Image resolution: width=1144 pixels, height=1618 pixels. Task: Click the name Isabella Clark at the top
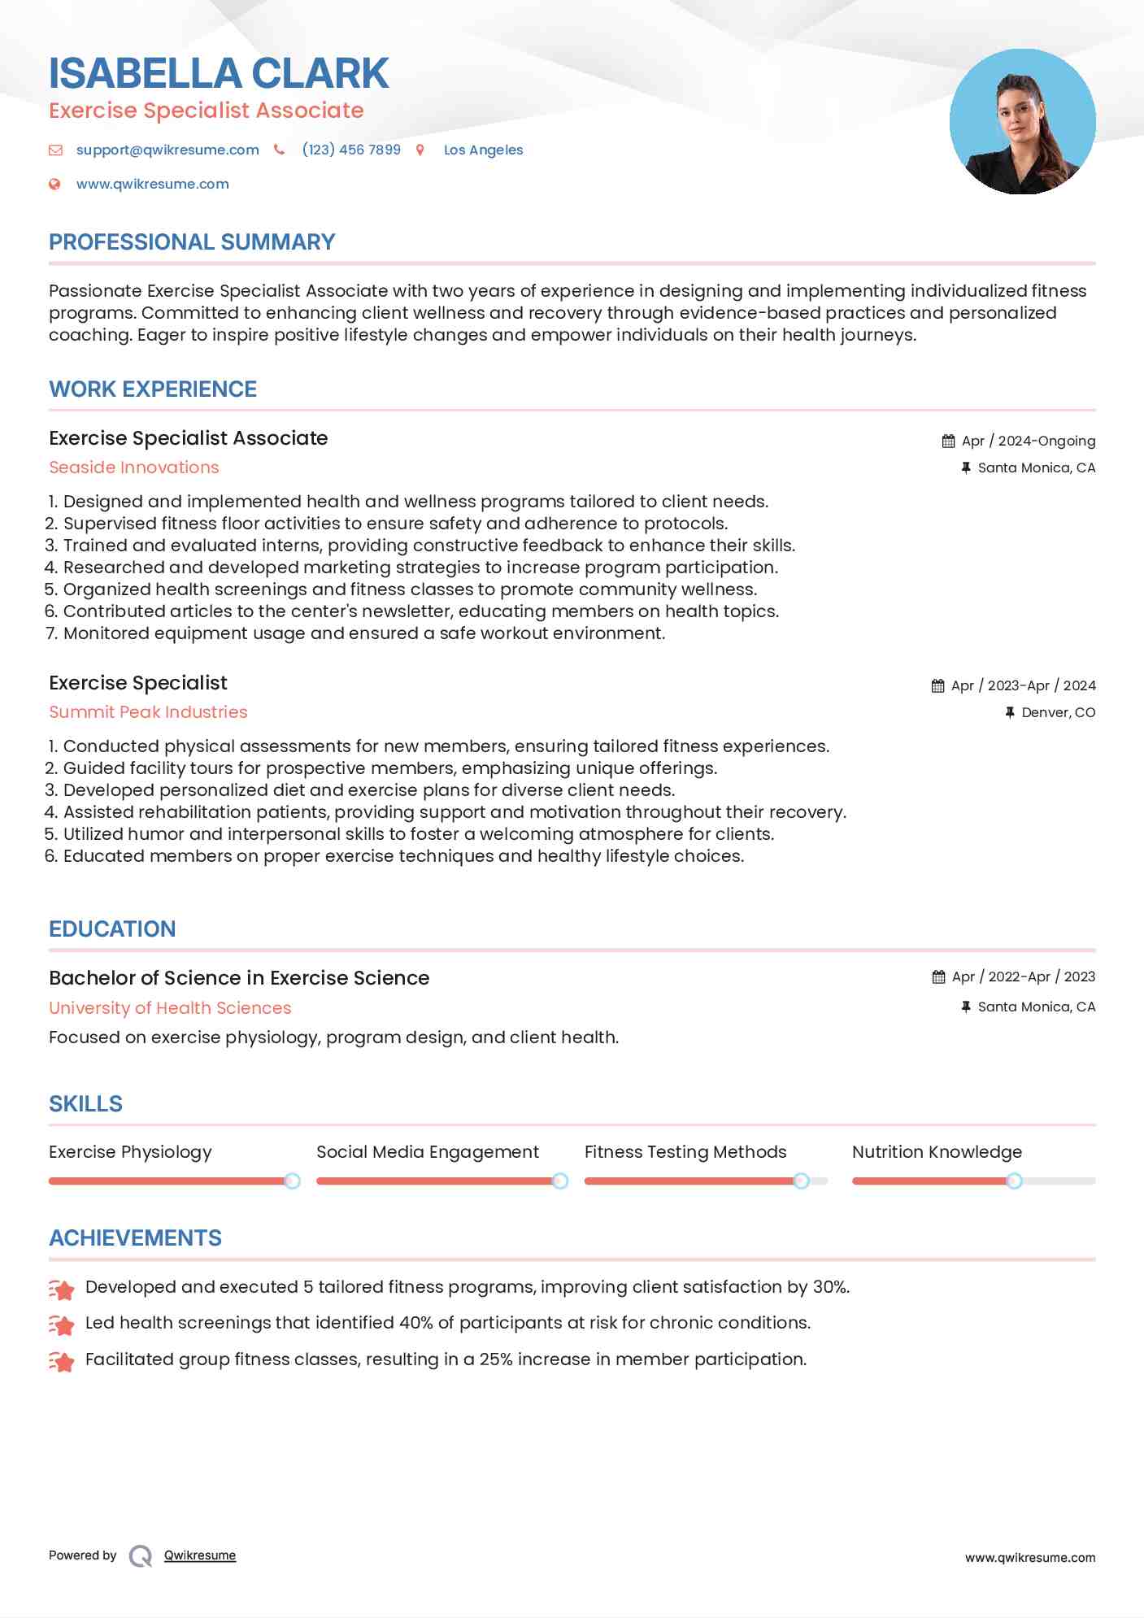point(219,73)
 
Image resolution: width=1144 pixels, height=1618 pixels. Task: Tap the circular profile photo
point(1022,122)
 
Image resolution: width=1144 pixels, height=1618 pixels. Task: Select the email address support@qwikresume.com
point(167,150)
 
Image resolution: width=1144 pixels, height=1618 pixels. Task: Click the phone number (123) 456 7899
point(351,150)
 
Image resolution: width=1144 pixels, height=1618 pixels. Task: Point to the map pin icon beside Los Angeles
point(420,150)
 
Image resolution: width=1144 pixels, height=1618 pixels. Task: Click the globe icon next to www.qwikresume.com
point(54,184)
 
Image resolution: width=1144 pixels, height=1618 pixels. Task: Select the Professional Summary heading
point(192,242)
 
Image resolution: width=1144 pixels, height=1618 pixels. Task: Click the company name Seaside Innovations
point(134,468)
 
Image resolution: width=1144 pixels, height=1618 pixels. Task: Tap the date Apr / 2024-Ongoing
point(1028,441)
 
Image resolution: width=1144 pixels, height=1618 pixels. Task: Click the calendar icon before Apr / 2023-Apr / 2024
point(938,685)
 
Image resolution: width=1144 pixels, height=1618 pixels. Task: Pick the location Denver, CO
point(1058,712)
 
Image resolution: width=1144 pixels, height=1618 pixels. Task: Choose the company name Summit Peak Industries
point(148,712)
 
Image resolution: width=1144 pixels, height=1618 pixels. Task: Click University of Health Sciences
point(170,1008)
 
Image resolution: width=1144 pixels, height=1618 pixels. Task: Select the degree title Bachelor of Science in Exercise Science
point(239,978)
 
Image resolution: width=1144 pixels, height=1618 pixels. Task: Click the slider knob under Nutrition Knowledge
point(1014,1181)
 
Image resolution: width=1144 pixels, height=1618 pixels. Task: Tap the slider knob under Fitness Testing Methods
point(801,1181)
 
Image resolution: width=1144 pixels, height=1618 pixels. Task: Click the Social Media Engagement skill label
point(428,1152)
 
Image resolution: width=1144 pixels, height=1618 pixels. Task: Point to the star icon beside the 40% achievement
point(62,1324)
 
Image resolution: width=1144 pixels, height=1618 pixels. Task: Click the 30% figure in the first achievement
point(830,1287)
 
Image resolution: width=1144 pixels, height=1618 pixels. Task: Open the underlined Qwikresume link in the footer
point(200,1555)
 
